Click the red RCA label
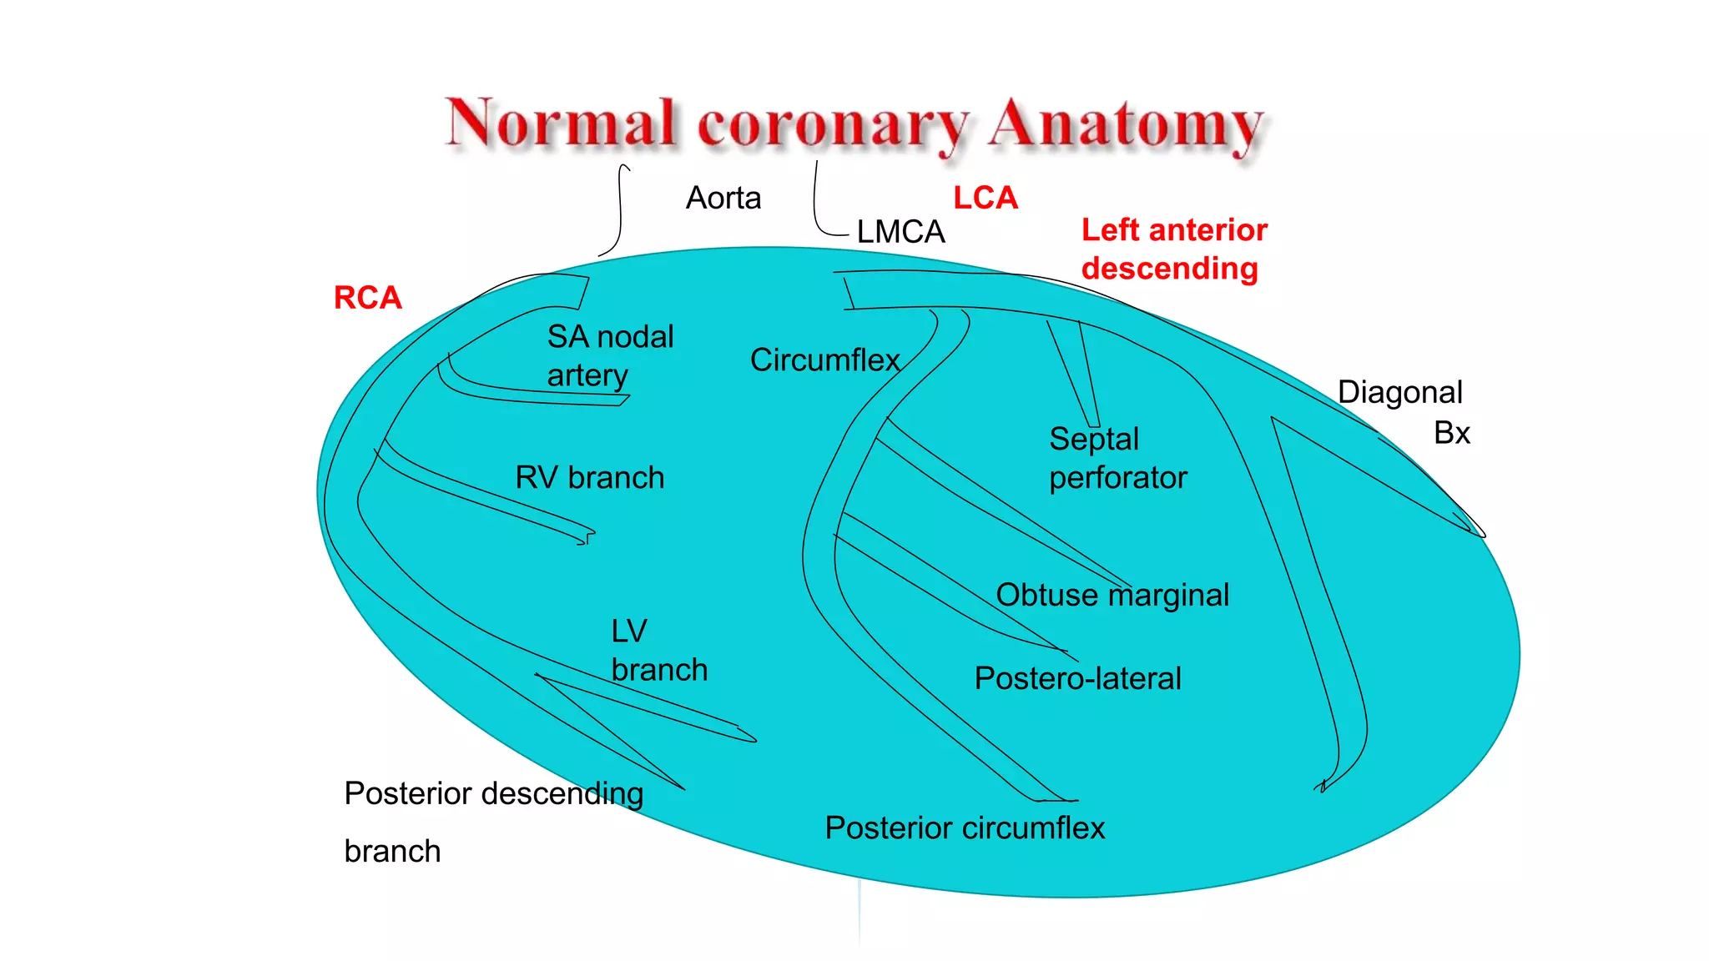(367, 298)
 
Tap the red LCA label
(986, 199)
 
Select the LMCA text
(900, 232)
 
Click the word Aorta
(723, 199)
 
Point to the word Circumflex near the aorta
(824, 360)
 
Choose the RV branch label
(589, 478)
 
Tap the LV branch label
(658, 651)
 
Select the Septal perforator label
(1117, 459)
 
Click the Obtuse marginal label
(1112, 596)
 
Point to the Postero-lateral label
(1077, 679)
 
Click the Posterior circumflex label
(965, 828)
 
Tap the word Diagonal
(1399, 393)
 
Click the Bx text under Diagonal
(1451, 434)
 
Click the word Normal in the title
(560, 123)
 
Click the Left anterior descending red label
(1173, 249)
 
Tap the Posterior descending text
(493, 794)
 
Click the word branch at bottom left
(392, 852)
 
